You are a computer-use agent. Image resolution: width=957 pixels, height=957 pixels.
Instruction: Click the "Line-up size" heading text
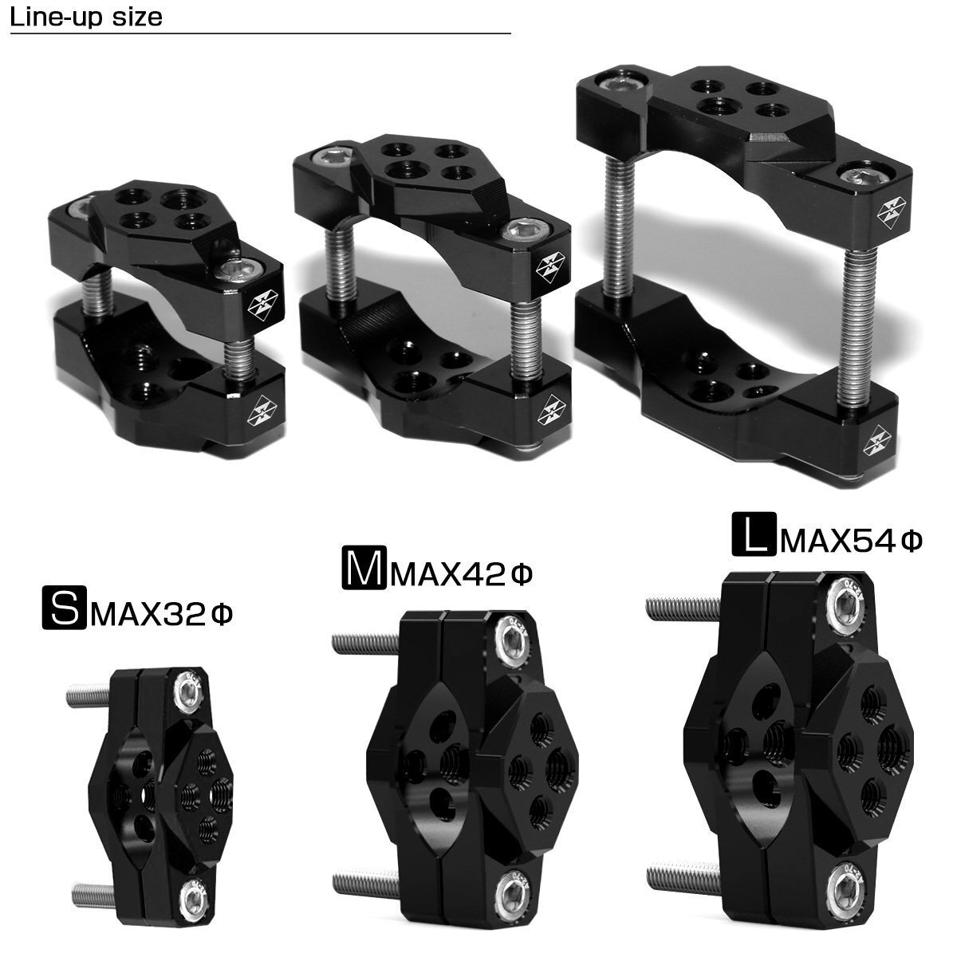click(x=86, y=18)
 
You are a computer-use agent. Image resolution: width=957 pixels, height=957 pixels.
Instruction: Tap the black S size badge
click(x=64, y=608)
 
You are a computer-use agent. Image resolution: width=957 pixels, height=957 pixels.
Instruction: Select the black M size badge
click(x=364, y=568)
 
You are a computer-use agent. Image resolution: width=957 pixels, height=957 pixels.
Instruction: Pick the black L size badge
click(x=754, y=534)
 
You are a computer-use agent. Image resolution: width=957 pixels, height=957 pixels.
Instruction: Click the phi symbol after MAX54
click(x=910, y=541)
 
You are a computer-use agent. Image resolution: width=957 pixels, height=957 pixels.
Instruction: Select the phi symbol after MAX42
click(x=521, y=575)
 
